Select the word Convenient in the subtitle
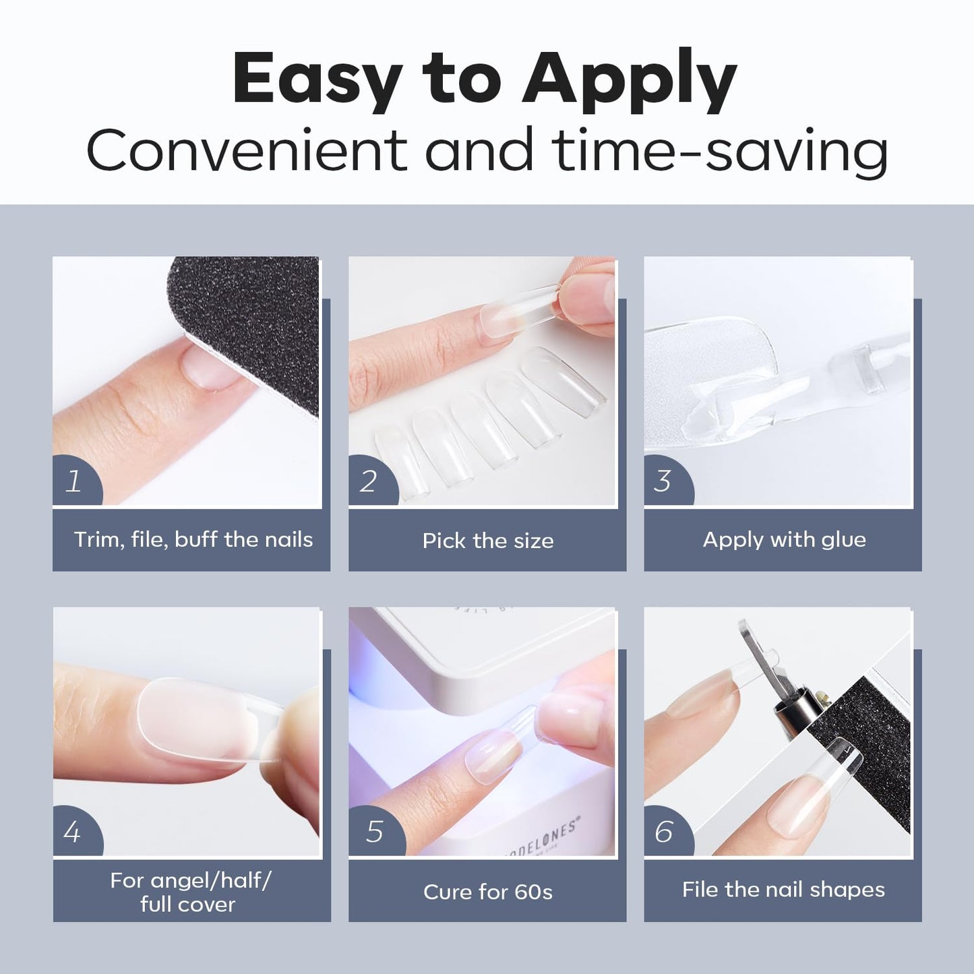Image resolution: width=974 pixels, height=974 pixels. click(x=247, y=150)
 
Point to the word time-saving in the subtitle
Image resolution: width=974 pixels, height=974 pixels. click(x=719, y=151)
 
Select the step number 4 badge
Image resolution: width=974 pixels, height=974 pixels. click(x=75, y=832)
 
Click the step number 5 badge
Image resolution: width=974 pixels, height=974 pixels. click(x=375, y=832)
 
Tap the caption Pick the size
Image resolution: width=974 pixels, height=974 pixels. click(x=488, y=541)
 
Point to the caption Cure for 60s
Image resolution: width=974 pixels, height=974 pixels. click(x=488, y=892)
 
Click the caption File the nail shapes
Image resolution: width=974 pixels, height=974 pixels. click(x=783, y=890)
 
